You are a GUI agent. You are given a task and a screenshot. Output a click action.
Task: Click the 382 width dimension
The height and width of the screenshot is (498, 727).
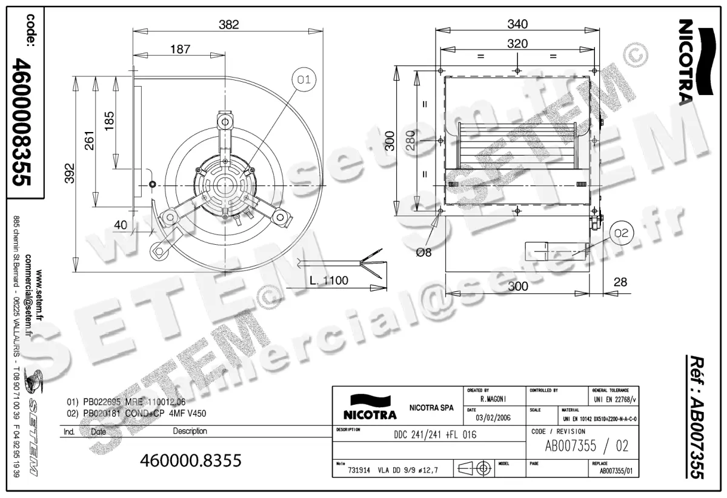coord(228,25)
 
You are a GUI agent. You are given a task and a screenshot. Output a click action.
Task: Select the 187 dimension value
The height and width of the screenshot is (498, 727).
coord(180,50)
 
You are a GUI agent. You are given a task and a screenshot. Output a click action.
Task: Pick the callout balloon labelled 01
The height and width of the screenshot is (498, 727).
coord(304,79)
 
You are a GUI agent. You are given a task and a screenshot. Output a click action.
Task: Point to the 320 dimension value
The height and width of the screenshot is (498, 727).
coord(517,44)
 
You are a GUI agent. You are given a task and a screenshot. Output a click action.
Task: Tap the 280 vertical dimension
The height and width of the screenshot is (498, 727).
coord(410,141)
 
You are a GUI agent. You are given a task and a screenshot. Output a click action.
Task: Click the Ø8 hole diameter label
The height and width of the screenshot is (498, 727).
coord(425,253)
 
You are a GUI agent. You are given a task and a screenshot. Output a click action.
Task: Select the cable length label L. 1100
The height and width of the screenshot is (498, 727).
coord(328,281)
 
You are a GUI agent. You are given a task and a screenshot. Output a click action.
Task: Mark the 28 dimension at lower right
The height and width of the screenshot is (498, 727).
coord(619,282)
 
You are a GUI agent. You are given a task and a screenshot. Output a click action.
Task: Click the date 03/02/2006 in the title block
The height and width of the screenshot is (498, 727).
coord(494,418)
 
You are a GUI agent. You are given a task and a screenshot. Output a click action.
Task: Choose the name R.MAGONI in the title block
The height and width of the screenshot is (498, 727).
coord(494,400)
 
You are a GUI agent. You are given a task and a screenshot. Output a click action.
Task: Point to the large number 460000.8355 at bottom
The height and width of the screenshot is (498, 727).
coord(191,460)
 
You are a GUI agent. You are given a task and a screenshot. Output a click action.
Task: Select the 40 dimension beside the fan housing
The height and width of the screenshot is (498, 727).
coord(121,225)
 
